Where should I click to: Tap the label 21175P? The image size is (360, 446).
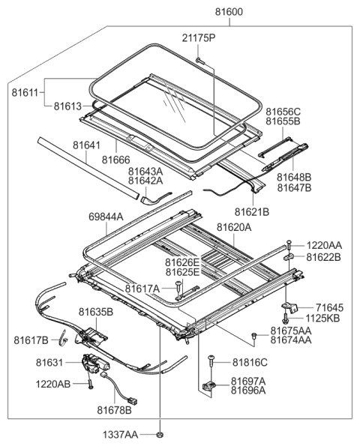point(199,37)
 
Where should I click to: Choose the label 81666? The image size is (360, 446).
point(117,159)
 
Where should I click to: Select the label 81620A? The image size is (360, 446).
point(235,226)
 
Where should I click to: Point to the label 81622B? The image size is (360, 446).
point(323,256)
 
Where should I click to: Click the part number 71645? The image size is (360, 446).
point(328,307)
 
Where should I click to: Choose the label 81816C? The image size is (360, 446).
point(250,361)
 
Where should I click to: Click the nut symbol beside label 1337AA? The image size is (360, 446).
point(160,434)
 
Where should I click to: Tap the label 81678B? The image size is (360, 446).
point(113,410)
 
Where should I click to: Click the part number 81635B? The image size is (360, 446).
point(95,311)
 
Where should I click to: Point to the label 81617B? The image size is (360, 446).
point(31,340)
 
